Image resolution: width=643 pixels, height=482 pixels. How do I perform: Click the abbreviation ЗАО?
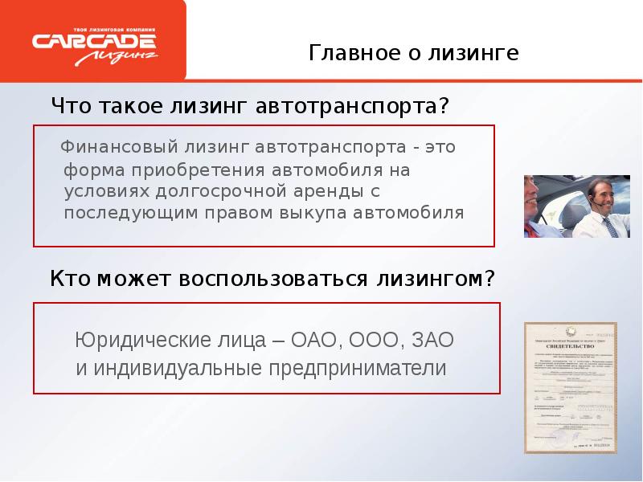432,341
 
